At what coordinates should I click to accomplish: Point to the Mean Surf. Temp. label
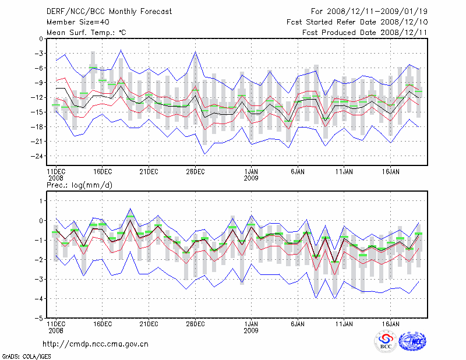point(86,33)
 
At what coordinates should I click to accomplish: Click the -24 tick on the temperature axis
point(37,156)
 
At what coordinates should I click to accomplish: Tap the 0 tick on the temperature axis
point(41,39)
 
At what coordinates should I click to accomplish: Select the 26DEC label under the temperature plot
point(195,172)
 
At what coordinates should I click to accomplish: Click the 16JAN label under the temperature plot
point(390,172)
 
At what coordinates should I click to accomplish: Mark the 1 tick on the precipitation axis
point(41,201)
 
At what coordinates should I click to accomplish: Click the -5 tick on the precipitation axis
point(38,319)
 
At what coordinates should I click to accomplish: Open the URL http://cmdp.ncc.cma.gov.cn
point(96,344)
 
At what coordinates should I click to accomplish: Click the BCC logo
point(386,342)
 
